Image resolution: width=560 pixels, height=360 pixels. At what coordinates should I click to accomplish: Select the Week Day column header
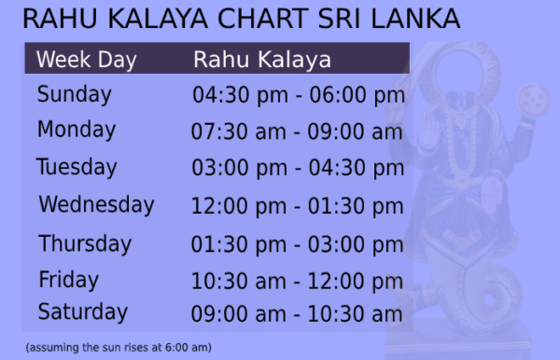click(x=86, y=61)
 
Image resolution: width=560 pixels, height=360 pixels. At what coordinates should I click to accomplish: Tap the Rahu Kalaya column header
click(x=262, y=60)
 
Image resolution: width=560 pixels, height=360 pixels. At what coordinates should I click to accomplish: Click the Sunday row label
click(x=75, y=94)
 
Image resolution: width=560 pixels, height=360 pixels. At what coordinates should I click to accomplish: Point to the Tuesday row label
click(x=77, y=167)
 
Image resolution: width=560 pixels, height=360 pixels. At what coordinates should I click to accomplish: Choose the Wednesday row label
click(x=96, y=204)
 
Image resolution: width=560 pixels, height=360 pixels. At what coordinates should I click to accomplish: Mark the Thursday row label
click(x=85, y=243)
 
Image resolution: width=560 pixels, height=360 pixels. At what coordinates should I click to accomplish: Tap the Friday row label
click(x=68, y=279)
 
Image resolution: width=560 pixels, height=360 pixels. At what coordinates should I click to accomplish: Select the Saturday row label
click(x=83, y=311)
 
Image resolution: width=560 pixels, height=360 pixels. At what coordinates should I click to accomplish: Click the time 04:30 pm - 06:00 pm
click(x=298, y=95)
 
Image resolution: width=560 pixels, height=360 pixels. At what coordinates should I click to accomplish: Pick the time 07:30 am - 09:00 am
click(x=297, y=132)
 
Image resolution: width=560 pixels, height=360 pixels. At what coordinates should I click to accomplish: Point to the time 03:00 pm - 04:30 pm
click(x=298, y=168)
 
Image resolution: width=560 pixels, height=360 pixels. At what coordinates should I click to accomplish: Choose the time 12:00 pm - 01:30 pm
click(x=298, y=205)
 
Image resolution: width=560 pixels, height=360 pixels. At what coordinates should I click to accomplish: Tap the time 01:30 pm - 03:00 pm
click(x=298, y=244)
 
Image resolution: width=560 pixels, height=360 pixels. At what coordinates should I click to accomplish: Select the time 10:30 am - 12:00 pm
click(x=298, y=280)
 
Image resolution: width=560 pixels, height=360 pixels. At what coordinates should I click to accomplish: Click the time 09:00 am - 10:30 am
click(x=297, y=313)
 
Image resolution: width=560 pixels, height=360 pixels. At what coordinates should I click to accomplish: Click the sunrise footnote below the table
click(x=119, y=348)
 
